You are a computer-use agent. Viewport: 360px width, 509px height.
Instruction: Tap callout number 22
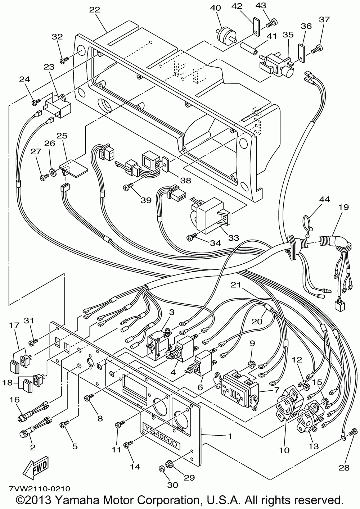click(x=95, y=10)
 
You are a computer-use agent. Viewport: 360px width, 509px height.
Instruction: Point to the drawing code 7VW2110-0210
click(x=39, y=489)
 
